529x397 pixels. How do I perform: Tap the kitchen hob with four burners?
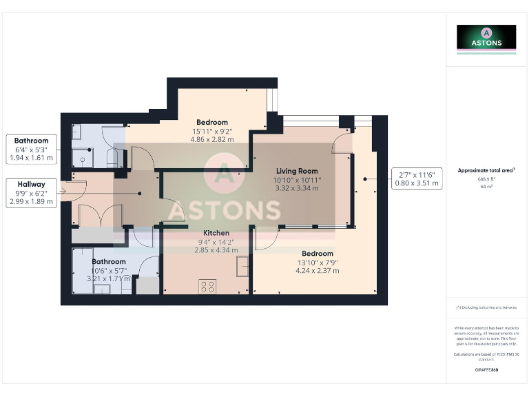click(207, 286)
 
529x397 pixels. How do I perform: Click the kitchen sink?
click(242, 265)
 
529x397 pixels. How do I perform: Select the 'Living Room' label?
click(297, 171)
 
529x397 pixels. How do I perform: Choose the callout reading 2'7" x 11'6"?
click(415, 179)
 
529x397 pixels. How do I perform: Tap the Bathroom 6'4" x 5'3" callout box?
click(32, 149)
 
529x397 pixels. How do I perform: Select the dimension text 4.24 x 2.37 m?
click(318, 271)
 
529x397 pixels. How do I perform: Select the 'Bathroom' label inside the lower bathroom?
click(110, 261)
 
